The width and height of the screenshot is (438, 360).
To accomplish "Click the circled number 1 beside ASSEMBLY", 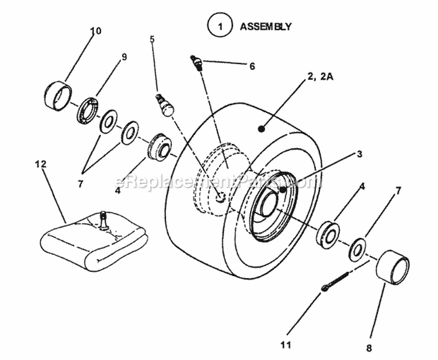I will pos(220,26).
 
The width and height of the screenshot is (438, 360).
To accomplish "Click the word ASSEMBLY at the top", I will pos(266,26).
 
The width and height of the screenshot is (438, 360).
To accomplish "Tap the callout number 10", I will pos(95,31).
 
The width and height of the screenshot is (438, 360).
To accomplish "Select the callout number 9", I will pos(124,57).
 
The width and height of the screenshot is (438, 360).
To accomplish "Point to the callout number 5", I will pos(152,39).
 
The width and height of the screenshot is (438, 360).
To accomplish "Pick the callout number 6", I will pos(252,67).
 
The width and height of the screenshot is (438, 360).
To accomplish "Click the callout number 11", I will pos(286,328).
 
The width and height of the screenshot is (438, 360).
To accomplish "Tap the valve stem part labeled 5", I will pos(165,106).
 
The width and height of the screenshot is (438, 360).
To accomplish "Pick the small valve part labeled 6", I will pos(197,61).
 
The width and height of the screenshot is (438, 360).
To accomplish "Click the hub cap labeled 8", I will pos(392,267).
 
